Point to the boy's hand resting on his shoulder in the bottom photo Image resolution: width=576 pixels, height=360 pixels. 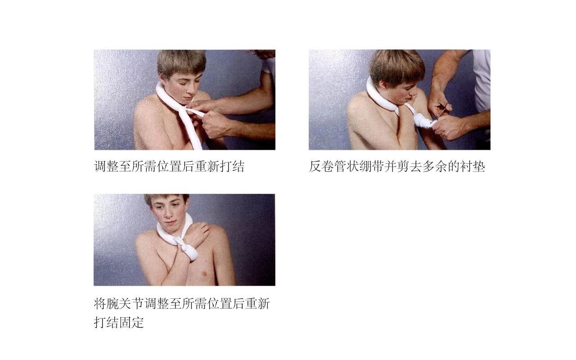coord(201,232)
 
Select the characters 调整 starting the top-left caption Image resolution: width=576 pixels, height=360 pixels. coord(106,166)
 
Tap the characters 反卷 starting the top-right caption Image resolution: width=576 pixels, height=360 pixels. coord(321,166)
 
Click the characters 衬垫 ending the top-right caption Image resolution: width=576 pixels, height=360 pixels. coord(472,166)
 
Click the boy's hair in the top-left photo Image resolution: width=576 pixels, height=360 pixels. coord(181,61)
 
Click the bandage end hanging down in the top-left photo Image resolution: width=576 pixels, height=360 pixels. coord(193,131)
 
